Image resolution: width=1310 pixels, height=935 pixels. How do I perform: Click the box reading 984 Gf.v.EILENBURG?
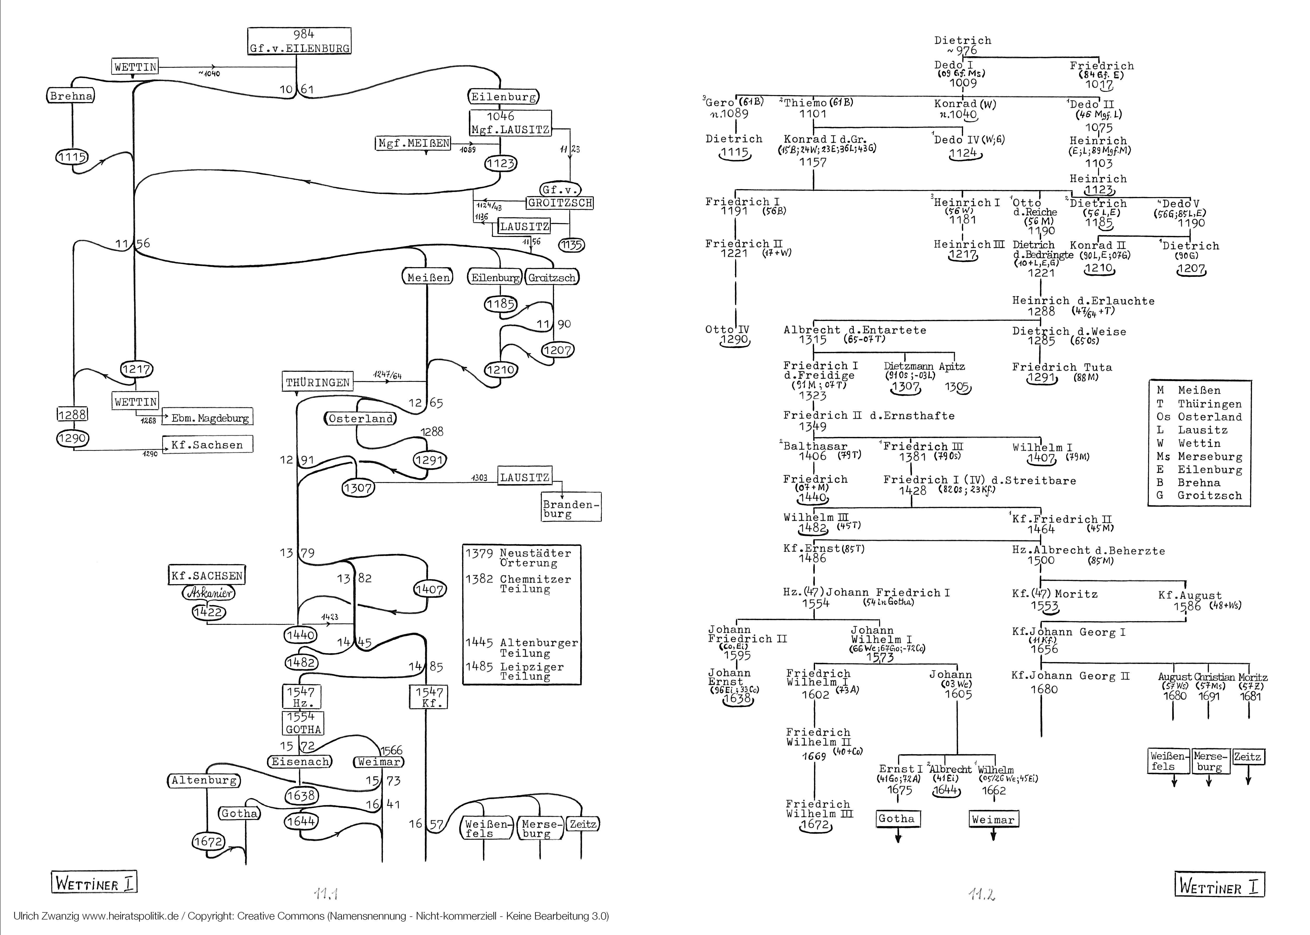pyautogui.click(x=299, y=41)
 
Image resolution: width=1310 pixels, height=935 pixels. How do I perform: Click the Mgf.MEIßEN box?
pyautogui.click(x=413, y=143)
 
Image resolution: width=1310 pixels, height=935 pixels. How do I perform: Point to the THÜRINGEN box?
pyautogui.click(x=318, y=382)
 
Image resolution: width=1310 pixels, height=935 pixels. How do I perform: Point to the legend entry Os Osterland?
pyautogui.click(x=1200, y=417)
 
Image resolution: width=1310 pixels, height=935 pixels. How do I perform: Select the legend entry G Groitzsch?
pyautogui.click(x=1200, y=495)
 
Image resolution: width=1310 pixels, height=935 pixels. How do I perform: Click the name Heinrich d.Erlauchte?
pyautogui.click(x=1083, y=300)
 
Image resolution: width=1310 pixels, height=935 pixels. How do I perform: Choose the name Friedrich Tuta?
pyautogui.click(x=1062, y=367)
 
